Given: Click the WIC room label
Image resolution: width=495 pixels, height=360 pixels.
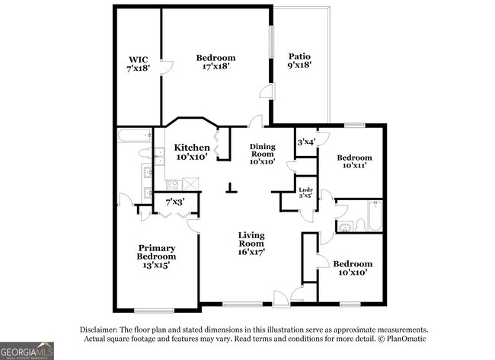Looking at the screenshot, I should click(138, 58).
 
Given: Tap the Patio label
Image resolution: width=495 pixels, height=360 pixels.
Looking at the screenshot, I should click(299, 57).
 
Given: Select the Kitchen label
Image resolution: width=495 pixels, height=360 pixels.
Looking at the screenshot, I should click(192, 147).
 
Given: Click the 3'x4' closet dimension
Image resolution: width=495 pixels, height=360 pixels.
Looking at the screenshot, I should click(305, 142).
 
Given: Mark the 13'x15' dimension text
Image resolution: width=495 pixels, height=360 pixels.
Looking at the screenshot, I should click(153, 266).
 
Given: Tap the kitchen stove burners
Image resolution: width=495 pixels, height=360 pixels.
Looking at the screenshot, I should click(172, 184).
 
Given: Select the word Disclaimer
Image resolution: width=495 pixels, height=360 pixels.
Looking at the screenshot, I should click(97, 329).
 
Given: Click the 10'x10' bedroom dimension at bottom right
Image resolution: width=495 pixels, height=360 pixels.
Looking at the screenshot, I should click(352, 272).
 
